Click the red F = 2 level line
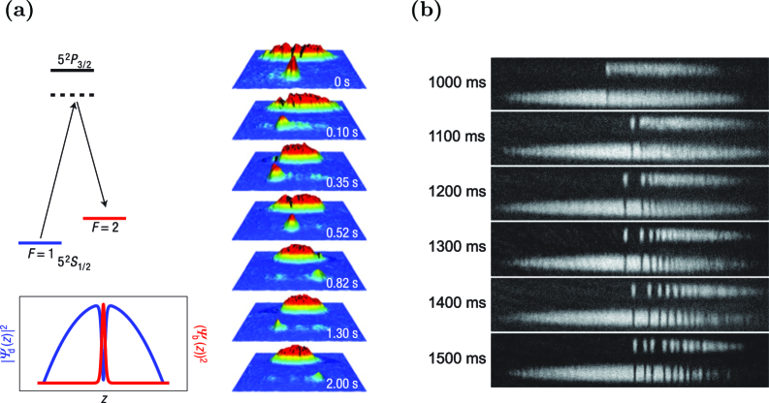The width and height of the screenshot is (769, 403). point(104,218)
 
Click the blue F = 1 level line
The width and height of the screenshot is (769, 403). point(40,241)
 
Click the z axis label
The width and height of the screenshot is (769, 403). point(104,395)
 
